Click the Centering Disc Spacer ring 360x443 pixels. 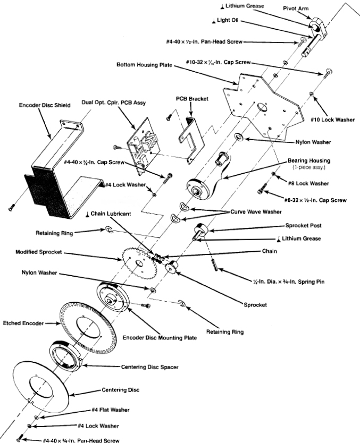[66, 354]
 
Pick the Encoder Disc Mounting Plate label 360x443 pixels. [160, 337]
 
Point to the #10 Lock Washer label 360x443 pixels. [333, 120]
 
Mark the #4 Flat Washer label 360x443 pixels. [111, 410]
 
